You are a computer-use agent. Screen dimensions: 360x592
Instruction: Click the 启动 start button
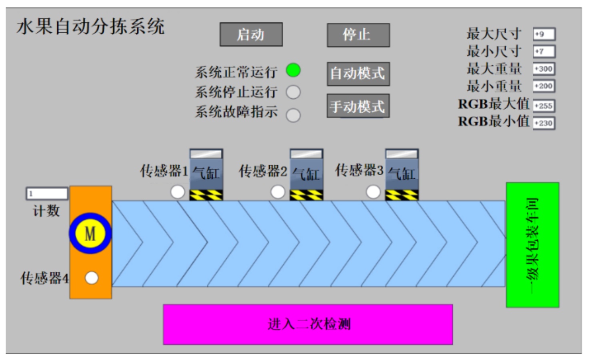(251, 35)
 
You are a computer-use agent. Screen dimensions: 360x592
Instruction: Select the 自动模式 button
(358, 74)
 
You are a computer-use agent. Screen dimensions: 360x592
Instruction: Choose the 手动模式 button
(358, 106)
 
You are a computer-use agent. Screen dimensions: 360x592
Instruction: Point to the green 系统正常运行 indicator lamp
(293, 70)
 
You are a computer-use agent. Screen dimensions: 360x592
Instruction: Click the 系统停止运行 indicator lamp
(293, 92)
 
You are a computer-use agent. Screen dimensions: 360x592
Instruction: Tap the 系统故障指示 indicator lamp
(293, 115)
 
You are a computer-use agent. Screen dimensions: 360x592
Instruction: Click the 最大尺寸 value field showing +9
(544, 34)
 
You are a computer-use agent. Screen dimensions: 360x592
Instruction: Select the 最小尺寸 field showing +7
(544, 52)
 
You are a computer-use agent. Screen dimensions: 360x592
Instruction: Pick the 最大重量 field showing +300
(544, 69)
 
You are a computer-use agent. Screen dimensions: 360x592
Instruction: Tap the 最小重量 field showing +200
(544, 86)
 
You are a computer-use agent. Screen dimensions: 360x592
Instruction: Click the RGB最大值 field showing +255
(544, 106)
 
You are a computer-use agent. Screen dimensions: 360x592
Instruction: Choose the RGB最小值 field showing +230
(544, 123)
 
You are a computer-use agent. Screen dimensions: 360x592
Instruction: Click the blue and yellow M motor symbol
(90, 234)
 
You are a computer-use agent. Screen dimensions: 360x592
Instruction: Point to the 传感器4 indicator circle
(92, 278)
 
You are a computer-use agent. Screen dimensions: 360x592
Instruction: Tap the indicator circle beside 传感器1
(178, 192)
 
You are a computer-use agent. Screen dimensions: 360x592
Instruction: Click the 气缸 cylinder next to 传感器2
(306, 174)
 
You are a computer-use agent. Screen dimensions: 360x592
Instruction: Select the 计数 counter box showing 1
(47, 194)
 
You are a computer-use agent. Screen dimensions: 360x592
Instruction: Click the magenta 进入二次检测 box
(308, 324)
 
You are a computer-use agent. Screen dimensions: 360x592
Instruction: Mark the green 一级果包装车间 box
(532, 245)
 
